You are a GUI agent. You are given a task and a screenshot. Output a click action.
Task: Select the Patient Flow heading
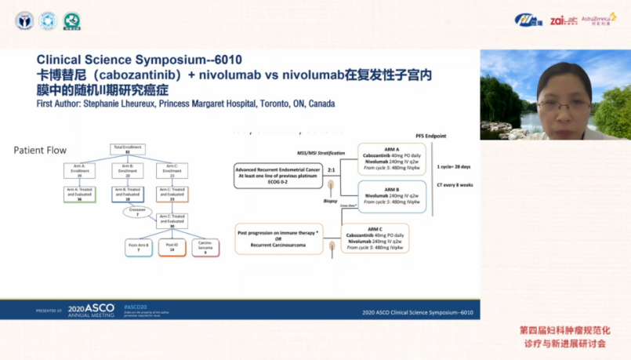(x=40, y=150)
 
